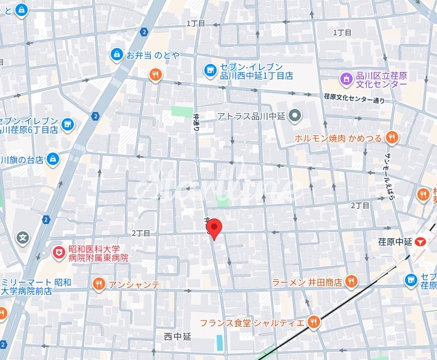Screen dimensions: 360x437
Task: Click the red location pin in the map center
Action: [214, 228]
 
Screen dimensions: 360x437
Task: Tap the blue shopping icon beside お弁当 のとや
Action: [116, 55]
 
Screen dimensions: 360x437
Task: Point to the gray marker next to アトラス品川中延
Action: [295, 115]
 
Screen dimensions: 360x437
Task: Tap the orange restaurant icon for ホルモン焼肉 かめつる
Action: [391, 138]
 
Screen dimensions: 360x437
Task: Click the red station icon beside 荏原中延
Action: [421, 242]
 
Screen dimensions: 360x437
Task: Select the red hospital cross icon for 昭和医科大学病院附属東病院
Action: [58, 252]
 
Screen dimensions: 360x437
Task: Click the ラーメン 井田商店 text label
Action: [307, 282]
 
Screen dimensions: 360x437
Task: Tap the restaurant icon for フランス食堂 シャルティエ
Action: [314, 322]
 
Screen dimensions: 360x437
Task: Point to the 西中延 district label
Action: [178, 336]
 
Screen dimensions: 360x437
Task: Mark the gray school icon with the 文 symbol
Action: [23, 236]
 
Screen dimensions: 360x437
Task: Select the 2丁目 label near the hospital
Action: [140, 234]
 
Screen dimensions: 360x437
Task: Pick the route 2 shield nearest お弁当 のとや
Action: [143, 31]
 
